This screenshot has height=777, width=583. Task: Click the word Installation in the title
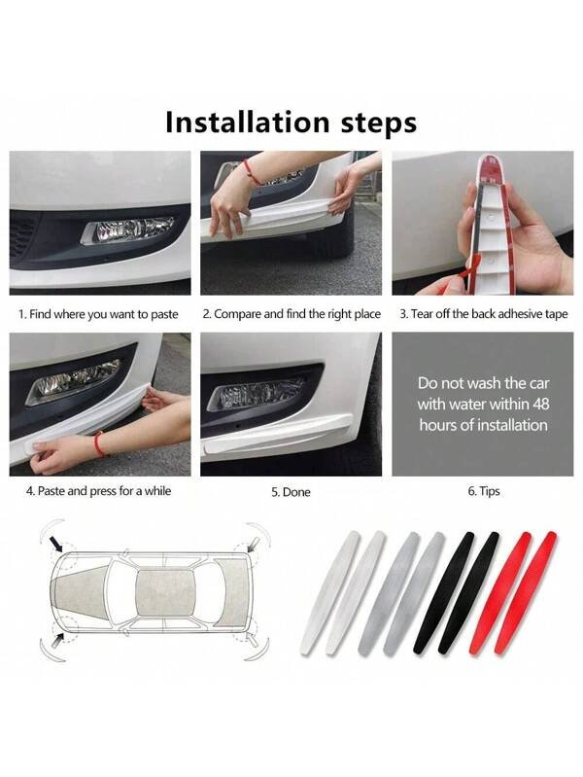[247, 122]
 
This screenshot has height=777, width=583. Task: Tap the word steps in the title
[378, 124]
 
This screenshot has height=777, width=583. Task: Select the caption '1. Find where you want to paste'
[98, 314]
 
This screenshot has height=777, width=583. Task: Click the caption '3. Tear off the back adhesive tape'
[484, 314]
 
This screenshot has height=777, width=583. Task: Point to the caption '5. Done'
[291, 492]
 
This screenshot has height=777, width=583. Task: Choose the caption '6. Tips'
[484, 491]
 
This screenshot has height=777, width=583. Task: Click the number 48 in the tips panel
[541, 404]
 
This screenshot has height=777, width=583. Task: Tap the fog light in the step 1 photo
[128, 230]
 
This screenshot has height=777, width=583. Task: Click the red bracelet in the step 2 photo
[252, 172]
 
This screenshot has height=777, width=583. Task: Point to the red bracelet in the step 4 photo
[99, 444]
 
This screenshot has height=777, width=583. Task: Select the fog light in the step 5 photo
[256, 394]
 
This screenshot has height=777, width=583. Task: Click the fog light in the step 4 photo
[74, 380]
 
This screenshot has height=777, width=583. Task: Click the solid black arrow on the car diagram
[56, 546]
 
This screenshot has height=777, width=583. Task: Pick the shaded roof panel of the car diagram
[165, 593]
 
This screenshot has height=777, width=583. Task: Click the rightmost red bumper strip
[526, 593]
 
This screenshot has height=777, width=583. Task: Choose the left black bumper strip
[443, 592]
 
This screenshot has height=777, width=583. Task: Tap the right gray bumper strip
[415, 593]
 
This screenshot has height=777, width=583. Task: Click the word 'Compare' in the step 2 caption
[237, 314]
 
